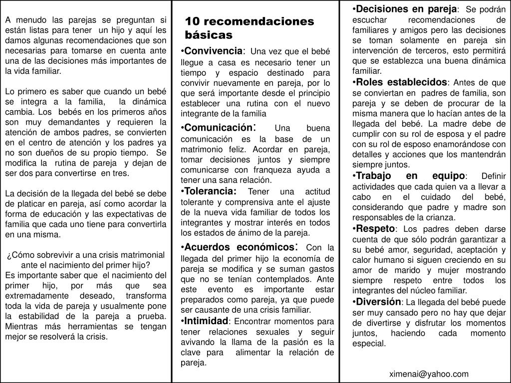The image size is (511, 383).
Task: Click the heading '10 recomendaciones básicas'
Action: (249, 28)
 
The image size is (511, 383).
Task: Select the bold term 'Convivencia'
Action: (213, 51)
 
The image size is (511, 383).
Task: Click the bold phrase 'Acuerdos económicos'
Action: (240, 247)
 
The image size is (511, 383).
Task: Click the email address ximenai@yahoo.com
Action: (429, 374)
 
